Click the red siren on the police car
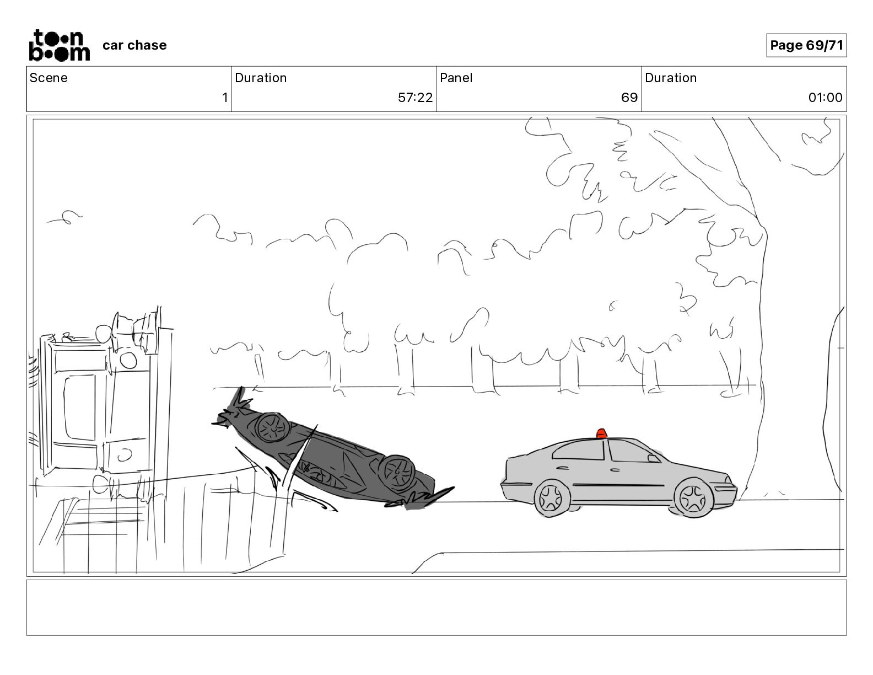(601, 433)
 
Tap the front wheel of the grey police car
(693, 498)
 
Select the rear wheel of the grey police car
(552, 498)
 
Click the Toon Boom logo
(60, 45)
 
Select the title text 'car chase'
(134, 45)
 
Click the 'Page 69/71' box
(806, 45)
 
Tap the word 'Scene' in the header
(48, 78)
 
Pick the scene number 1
(225, 97)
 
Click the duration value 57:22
(415, 97)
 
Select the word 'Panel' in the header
(456, 78)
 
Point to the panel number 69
(629, 97)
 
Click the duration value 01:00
(825, 97)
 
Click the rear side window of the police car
(579, 451)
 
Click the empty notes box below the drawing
(436, 608)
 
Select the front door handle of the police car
(615, 469)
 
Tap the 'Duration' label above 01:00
(671, 78)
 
